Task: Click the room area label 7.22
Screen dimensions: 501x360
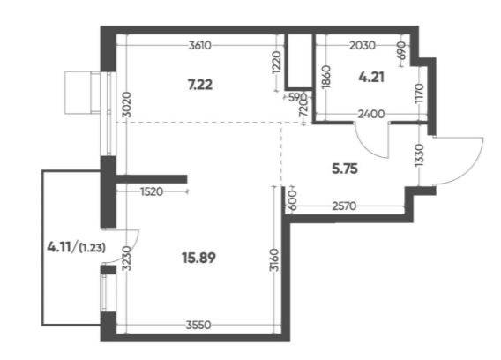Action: click(200, 85)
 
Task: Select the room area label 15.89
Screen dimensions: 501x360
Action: click(198, 258)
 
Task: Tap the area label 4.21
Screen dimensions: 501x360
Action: click(371, 77)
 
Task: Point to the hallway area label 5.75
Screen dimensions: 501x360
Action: click(345, 169)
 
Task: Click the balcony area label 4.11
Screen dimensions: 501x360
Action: click(59, 247)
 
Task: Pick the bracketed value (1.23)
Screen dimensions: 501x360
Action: click(93, 248)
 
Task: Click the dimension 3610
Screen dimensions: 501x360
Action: click(200, 46)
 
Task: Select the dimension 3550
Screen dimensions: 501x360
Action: click(198, 326)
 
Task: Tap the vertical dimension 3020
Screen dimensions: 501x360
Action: click(127, 104)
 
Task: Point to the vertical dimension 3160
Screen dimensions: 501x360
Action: click(274, 259)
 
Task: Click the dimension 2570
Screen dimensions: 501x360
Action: click(344, 206)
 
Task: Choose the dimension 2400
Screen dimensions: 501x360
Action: click(371, 114)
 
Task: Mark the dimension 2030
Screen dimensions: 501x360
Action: click(363, 46)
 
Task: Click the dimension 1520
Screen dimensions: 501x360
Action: click(152, 191)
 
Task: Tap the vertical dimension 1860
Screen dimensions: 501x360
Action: click(327, 77)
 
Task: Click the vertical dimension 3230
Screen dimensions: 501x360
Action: click(127, 258)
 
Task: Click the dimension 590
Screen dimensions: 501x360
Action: click(297, 97)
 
